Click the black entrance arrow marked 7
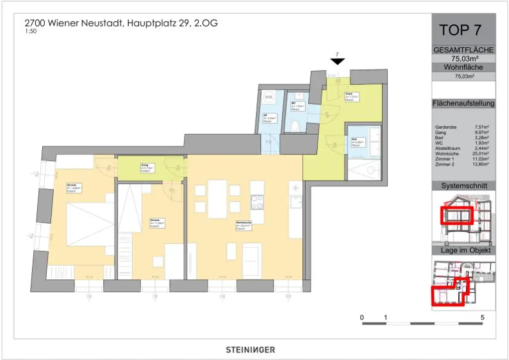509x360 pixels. point(338,61)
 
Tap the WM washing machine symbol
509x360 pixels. point(269,96)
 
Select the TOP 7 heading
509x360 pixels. point(460,30)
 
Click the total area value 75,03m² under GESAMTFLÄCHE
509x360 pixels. point(464,58)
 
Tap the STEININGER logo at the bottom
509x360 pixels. point(247,350)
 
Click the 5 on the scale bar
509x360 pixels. point(482,317)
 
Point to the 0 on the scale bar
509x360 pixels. point(362,317)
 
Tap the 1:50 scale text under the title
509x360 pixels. point(30,31)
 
